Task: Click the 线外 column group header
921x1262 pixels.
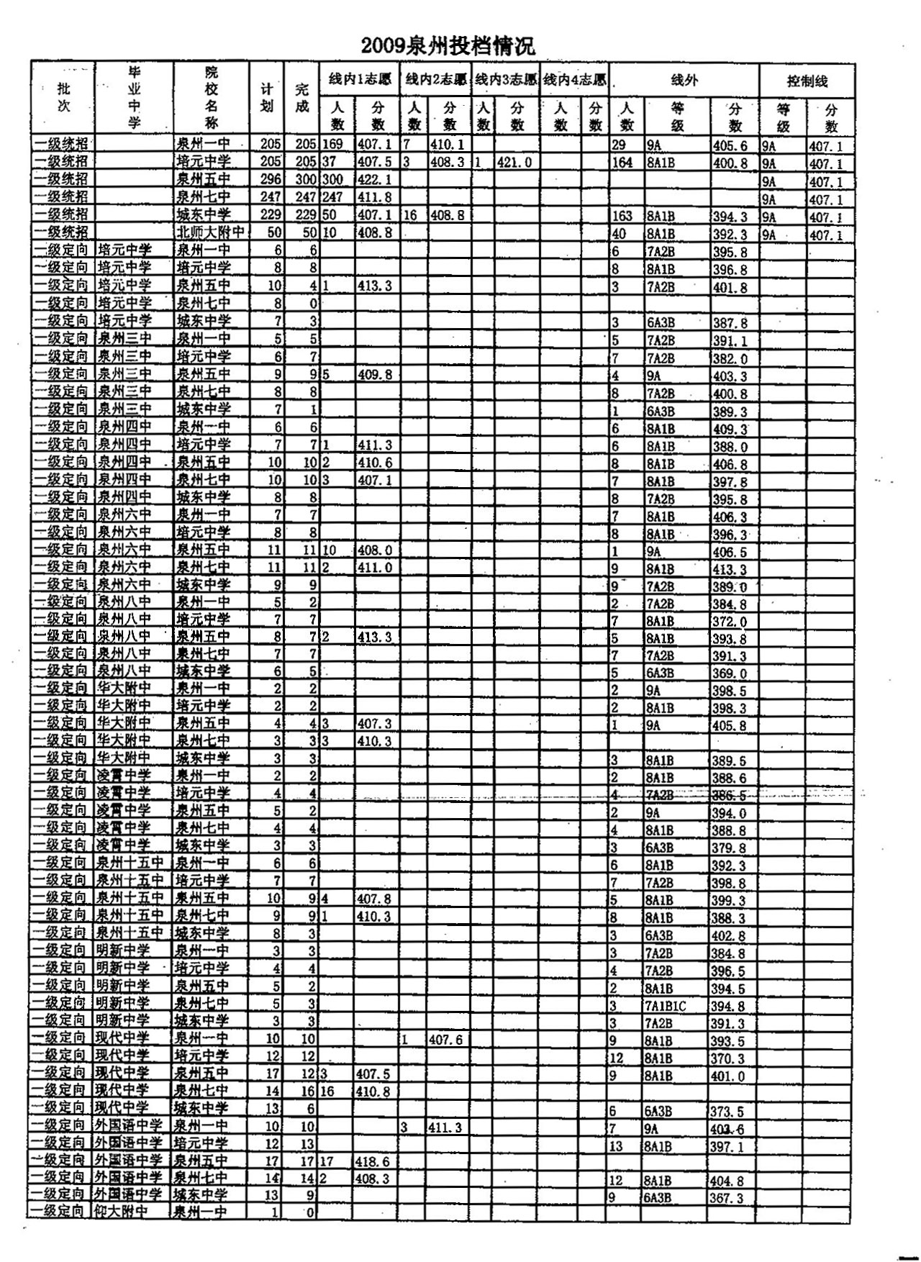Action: (684, 81)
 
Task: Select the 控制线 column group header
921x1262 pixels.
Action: (807, 81)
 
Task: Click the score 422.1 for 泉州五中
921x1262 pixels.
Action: (374, 180)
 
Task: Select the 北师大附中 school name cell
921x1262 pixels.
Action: (210, 233)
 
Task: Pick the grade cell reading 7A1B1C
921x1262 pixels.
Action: (666, 1006)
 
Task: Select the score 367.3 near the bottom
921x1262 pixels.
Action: (727, 1198)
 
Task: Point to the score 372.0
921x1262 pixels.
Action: (729, 622)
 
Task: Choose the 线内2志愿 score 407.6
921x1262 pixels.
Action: (445, 1040)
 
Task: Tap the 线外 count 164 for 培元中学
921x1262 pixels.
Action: (623, 163)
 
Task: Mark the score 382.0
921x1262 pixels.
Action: (729, 358)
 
